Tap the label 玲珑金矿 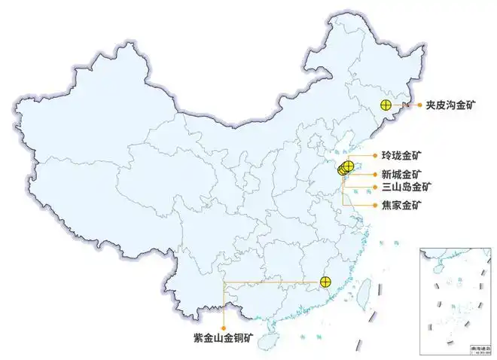coord(402,156)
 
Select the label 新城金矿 coord(402,173)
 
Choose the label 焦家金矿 coord(402,205)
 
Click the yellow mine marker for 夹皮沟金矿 coord(386,106)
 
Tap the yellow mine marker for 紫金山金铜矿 coord(325,282)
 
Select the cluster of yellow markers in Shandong coord(346,167)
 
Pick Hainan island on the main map coord(267,341)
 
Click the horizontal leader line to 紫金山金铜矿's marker coord(271,282)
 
